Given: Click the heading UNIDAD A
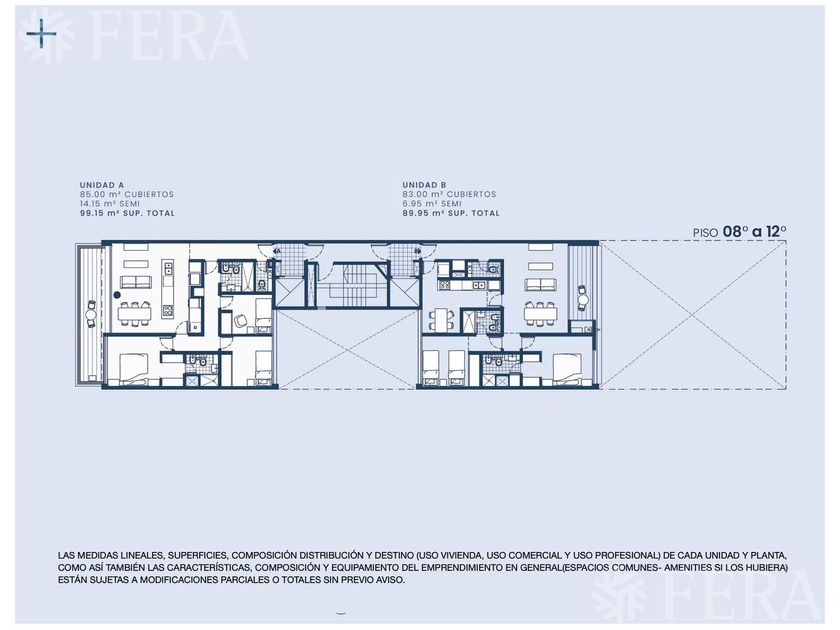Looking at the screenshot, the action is click(102, 185).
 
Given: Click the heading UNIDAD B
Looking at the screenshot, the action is click(424, 185).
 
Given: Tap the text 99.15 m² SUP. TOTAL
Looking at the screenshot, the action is click(128, 213).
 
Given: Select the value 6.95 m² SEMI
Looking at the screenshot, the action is click(432, 204).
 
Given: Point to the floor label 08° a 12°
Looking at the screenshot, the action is click(754, 232).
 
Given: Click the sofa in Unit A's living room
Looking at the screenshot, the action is click(136, 282).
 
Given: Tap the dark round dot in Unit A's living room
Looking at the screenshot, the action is click(117, 295).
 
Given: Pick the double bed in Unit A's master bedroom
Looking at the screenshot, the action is click(133, 368).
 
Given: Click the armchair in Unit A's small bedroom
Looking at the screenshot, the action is click(241, 320).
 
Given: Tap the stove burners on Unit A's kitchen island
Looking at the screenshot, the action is click(168, 310).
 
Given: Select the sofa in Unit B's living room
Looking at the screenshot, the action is click(540, 284).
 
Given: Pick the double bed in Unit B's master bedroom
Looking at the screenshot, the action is click(567, 368).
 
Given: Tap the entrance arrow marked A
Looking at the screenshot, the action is click(276, 250).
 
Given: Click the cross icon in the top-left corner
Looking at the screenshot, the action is click(42, 33).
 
